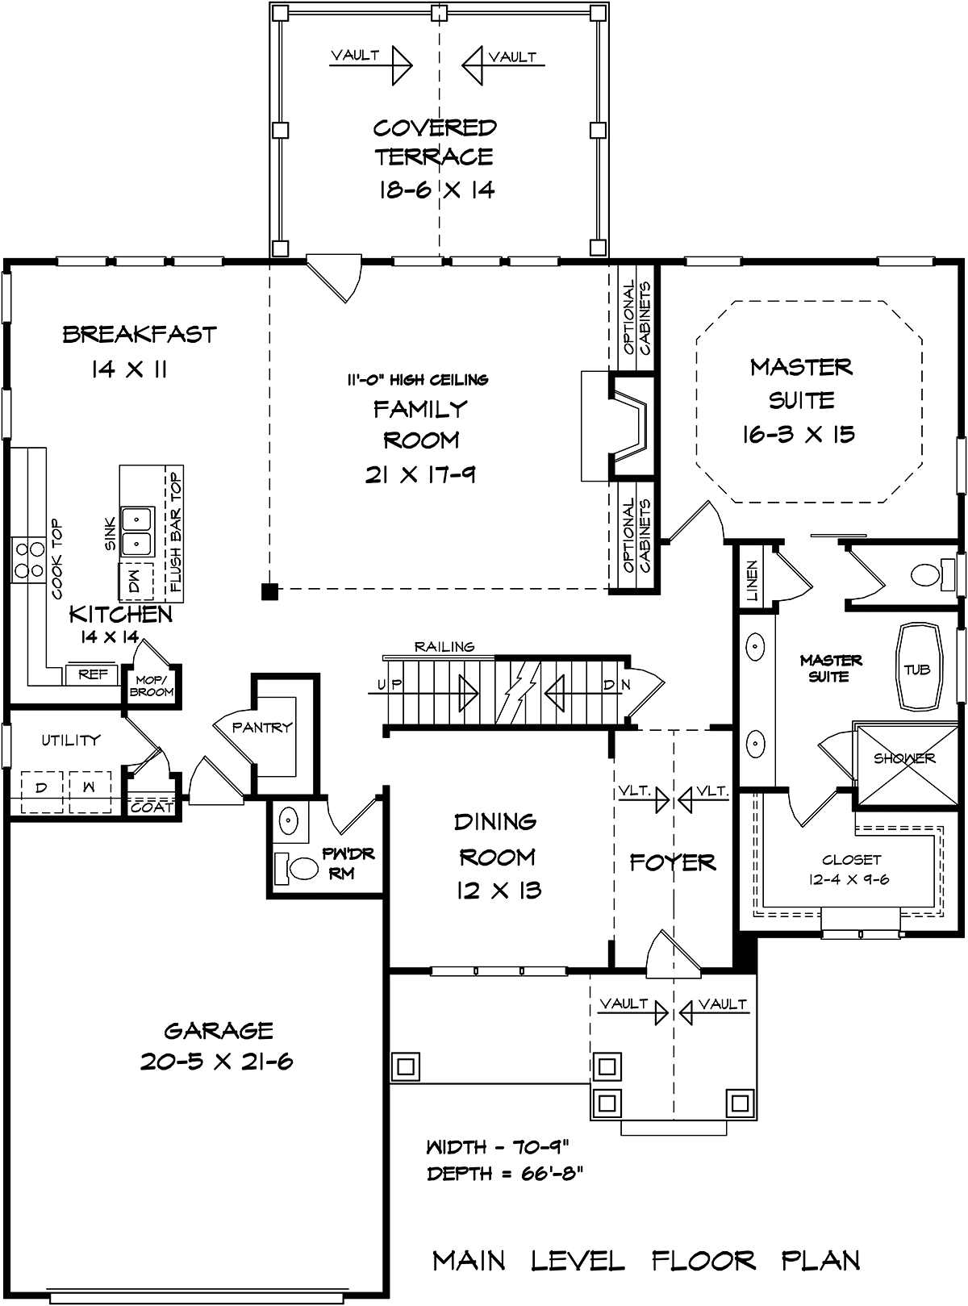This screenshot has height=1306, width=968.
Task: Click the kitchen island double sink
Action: coord(136,532)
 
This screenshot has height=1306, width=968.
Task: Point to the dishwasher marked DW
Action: coord(136,581)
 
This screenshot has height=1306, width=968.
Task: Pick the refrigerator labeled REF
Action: coord(93,675)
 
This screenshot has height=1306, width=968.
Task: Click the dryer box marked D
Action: coord(42,792)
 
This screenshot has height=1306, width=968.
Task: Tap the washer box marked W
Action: coord(90,792)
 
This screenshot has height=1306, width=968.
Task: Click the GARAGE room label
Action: coord(219,1030)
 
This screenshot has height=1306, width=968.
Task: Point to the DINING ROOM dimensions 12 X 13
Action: coord(499,891)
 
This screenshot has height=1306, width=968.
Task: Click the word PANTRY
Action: coord(262,727)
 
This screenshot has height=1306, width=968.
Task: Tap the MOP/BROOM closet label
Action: coord(152,686)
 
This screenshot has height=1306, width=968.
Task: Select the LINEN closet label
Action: coord(752,581)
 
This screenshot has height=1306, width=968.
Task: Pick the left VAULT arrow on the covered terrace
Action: coord(370,65)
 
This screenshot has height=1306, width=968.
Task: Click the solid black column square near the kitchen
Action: coord(269,591)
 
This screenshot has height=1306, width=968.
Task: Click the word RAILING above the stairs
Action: coord(444,646)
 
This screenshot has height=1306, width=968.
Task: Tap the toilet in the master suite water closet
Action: coord(932,574)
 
